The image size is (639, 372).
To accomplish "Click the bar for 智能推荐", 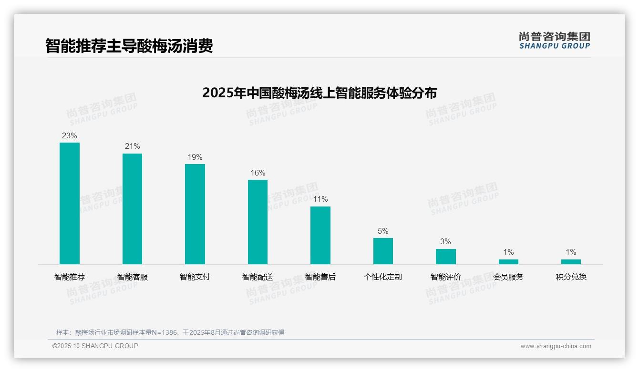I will point(70,203).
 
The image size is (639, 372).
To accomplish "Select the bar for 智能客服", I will point(132,208).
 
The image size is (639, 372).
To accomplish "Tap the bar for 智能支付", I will point(195,214).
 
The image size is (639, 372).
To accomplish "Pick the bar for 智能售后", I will point(320,235).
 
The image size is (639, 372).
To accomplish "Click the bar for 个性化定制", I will point(383,251).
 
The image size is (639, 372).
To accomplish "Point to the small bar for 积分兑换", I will point(571,262).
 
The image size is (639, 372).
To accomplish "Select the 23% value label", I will point(70,136).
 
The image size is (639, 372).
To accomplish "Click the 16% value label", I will point(258,173).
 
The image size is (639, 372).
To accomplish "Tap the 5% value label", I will point(383,231).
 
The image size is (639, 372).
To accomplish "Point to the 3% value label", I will point(445,242).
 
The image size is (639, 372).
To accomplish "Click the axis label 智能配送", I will point(258,277).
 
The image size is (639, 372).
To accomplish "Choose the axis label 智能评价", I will point(445,277).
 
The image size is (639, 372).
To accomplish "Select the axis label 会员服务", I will point(508,277).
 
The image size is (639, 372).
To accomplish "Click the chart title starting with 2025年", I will point(319,93).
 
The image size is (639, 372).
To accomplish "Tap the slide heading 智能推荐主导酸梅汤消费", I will point(129,46).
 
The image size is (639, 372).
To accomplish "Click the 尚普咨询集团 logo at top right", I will point(554,41).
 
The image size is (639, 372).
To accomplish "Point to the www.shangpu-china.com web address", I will point(556,346).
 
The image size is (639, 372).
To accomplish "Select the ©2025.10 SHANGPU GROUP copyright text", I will point(95,346).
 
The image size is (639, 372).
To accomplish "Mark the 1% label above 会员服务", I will point(508,252).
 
